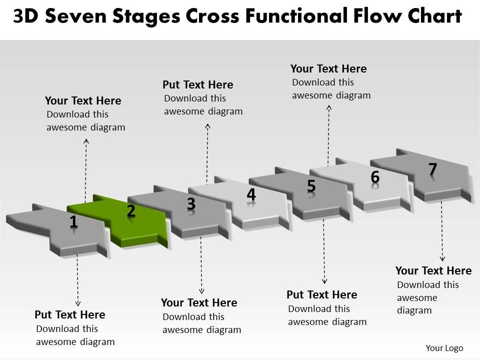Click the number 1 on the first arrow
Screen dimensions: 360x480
point(73,221)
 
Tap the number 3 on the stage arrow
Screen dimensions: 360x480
point(191,204)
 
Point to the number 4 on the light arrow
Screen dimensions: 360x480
point(251,194)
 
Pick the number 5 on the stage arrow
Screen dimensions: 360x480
point(311,186)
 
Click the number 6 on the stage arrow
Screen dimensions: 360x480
point(375,176)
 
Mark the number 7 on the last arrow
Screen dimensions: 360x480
point(433,169)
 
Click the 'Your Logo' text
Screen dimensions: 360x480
point(444,348)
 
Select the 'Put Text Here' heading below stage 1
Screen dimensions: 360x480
point(70,314)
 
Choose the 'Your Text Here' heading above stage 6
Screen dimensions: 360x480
point(328,68)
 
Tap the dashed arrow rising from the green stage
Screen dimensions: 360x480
point(86,170)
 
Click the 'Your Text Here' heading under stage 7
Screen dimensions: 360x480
point(433,270)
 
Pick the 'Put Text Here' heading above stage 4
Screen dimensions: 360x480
point(198,84)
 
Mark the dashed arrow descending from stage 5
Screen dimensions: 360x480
point(324,250)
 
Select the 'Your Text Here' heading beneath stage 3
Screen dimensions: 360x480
point(199,302)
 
